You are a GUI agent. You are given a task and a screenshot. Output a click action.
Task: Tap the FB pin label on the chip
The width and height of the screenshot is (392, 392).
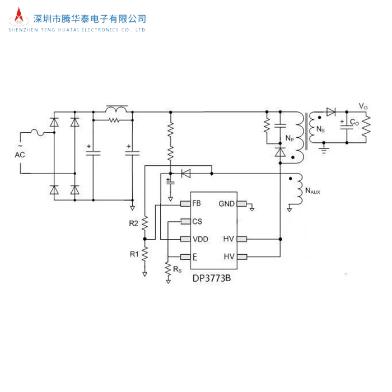coord(196,203)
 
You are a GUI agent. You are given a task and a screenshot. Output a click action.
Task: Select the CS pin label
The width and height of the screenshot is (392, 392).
coord(197,221)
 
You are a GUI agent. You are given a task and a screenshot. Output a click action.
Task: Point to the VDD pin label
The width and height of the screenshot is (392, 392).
coord(200,239)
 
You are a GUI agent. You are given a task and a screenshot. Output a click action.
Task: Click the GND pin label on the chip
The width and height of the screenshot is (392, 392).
coord(226,203)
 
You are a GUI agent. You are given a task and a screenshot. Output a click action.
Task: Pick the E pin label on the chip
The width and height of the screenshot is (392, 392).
coord(194,257)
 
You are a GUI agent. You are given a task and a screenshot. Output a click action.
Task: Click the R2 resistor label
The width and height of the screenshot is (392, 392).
coord(133,223)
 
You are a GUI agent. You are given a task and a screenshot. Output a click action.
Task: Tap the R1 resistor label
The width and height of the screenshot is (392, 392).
coord(134,254)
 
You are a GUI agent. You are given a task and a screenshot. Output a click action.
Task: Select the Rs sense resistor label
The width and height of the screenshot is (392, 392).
coord(177,269)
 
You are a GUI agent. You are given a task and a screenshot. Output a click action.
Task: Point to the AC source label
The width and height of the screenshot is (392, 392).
coord(19,155)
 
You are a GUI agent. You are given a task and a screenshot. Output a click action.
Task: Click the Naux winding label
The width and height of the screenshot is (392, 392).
coord(313,192)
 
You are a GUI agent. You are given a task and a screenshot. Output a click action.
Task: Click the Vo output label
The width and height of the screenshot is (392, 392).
coord(363,106)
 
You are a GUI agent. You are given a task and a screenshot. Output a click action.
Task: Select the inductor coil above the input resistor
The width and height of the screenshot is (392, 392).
coord(116,109)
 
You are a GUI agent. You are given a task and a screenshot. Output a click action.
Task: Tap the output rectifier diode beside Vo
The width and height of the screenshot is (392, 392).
coord(331,112)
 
